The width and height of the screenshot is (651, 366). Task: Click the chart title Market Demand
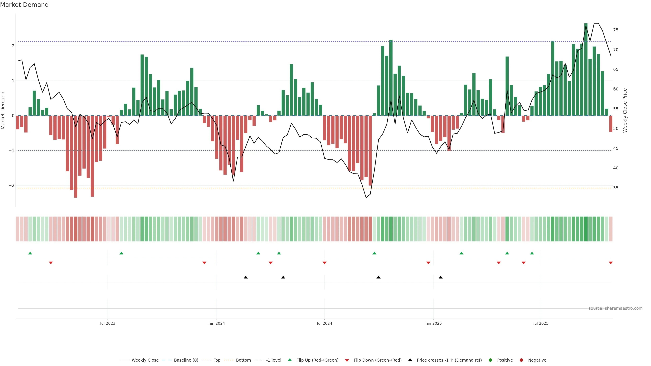(24, 5)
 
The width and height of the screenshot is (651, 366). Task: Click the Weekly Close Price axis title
(625, 110)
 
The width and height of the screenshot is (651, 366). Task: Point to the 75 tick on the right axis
(616, 30)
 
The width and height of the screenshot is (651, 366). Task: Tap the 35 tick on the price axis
(616, 188)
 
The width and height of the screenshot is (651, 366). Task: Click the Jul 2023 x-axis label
(107, 323)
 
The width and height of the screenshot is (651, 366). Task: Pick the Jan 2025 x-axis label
(433, 323)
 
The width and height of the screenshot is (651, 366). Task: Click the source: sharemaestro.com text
(615, 308)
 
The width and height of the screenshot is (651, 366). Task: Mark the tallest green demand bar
(586, 69)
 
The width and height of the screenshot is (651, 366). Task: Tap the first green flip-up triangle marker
(30, 253)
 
